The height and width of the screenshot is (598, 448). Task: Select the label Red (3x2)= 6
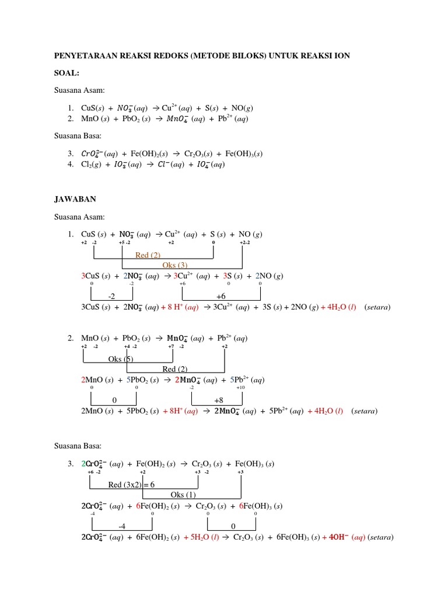click(131, 485)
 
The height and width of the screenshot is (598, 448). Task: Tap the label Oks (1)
click(183, 495)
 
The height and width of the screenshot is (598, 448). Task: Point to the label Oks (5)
click(121, 359)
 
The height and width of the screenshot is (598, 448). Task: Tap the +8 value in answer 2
click(219, 401)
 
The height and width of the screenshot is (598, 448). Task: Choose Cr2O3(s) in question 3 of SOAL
click(199, 154)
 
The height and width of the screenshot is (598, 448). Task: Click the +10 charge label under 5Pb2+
click(240, 387)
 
